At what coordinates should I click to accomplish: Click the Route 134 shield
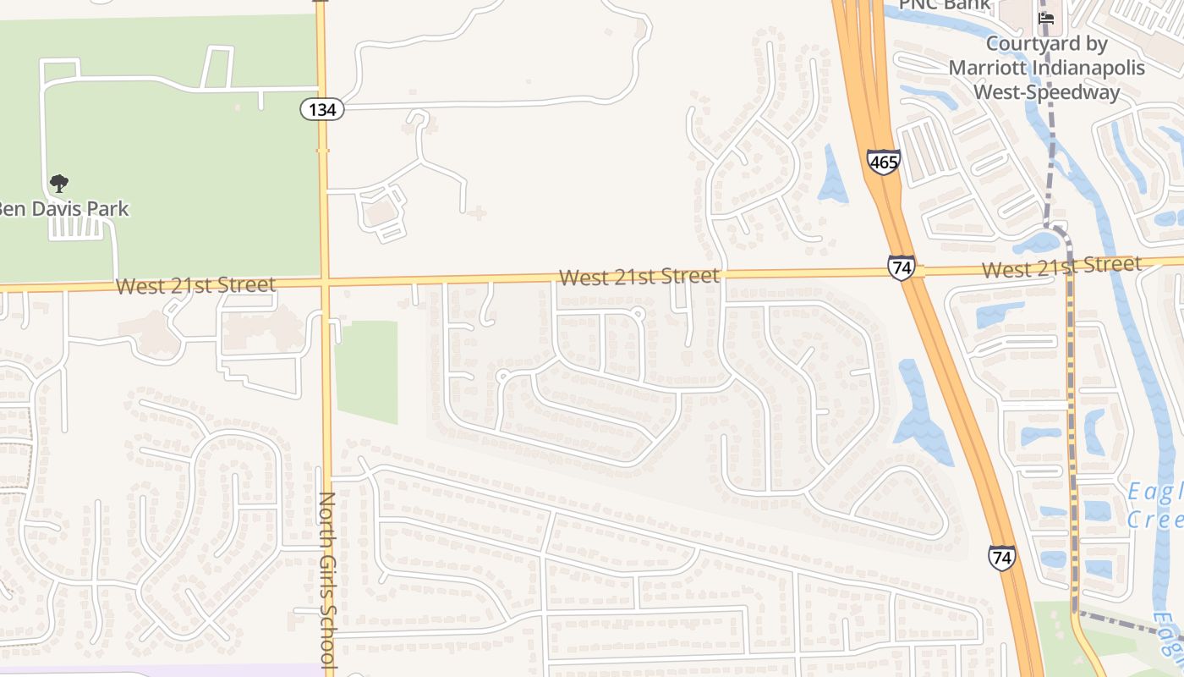coord(322,108)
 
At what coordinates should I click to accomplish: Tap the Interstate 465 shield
coord(883,162)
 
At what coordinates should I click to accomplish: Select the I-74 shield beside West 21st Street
coord(902,267)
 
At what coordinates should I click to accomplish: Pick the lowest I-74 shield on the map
coord(1001,557)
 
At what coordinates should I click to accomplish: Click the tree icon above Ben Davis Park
coord(58,183)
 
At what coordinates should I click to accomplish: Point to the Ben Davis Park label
coord(64,208)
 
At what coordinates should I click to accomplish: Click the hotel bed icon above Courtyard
coord(1046,19)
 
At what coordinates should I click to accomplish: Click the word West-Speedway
coord(1046,91)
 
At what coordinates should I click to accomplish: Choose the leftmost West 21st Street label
coord(195,285)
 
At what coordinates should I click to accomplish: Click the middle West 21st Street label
coord(639,277)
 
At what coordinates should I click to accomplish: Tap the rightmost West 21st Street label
coord(1062,268)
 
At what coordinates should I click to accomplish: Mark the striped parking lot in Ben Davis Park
coord(80,228)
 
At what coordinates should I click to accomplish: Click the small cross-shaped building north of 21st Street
coord(477,212)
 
